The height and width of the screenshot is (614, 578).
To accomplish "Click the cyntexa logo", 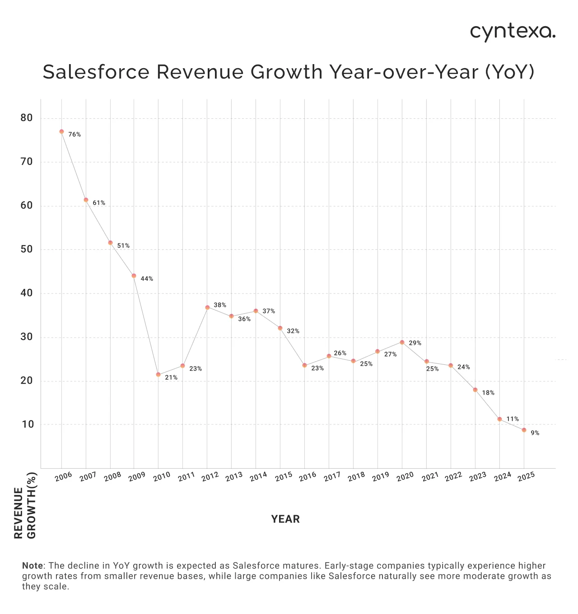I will tap(513, 32).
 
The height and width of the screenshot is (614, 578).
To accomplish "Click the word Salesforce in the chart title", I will tap(96, 72).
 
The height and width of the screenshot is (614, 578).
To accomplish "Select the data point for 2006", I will tap(61, 131).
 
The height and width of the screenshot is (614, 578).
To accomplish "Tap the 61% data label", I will tap(99, 203).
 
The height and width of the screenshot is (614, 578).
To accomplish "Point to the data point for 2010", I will tap(158, 374).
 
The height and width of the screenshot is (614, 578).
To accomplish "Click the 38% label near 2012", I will tap(220, 305).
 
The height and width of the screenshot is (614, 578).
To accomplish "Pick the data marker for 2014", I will tap(256, 311).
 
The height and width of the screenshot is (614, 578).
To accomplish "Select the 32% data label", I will tap(293, 331).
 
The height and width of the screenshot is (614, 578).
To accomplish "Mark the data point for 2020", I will tap(402, 342).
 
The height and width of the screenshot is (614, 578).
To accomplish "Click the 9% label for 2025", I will tap(535, 433).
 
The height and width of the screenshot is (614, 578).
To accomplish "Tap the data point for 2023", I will tap(475, 390).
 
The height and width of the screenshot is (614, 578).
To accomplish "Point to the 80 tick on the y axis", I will tap(27, 118).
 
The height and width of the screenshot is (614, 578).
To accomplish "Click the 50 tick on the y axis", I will tap(27, 249).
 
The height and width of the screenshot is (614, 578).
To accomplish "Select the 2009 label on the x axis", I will tap(136, 477).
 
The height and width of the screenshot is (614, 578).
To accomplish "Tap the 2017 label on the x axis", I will tap(332, 477).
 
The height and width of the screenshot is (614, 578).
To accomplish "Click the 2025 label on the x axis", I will tap(527, 477).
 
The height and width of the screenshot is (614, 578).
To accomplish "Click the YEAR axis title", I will tap(285, 519).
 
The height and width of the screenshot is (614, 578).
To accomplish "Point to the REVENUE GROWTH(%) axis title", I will tap(25, 513).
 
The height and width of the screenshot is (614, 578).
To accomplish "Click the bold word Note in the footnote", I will tap(33, 566).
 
